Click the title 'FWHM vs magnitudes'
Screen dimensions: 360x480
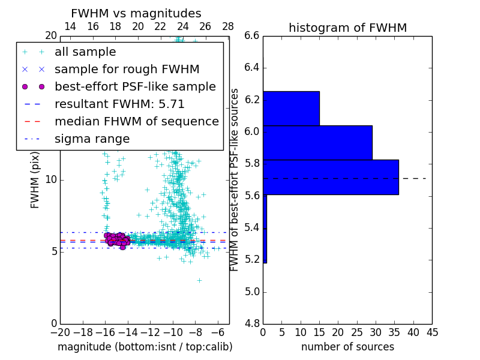[x=136, y=13]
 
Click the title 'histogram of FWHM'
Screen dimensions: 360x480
[x=347, y=28]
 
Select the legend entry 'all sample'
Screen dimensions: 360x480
[x=85, y=52]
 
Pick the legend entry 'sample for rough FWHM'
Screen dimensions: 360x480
[x=127, y=69]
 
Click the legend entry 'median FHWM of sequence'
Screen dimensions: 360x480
[x=136, y=121]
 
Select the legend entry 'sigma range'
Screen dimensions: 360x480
[x=92, y=139]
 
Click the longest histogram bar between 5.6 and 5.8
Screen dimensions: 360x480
[x=331, y=177]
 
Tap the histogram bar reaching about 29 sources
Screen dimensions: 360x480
[x=317, y=143]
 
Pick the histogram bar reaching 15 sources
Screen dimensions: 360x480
[x=291, y=108]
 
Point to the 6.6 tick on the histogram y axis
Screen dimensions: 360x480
[x=252, y=36]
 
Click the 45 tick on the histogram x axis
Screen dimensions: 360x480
[x=431, y=332]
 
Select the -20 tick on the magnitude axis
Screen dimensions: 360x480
[x=59, y=332]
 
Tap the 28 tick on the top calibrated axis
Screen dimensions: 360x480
[x=228, y=27]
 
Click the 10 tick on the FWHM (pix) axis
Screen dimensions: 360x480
[x=51, y=179]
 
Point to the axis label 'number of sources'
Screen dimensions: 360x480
[x=347, y=347]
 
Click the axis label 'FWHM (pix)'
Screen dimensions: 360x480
[x=35, y=179]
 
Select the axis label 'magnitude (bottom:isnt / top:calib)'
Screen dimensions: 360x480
[x=145, y=347]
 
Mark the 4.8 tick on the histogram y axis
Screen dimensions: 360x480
[x=252, y=323]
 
